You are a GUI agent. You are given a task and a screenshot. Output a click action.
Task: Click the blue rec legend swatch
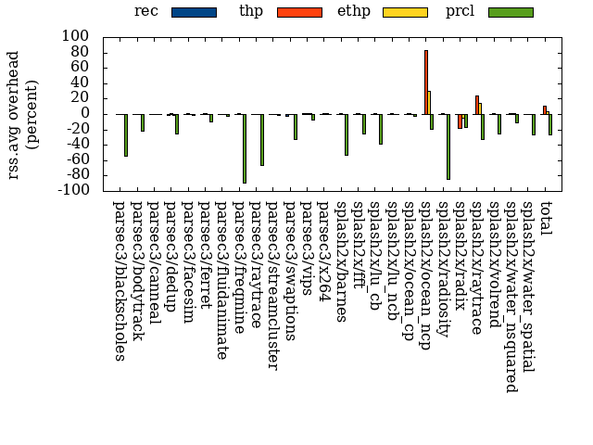coord(194,12)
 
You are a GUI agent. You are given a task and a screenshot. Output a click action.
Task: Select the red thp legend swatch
coord(299,12)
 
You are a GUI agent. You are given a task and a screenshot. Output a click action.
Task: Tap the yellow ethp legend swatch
coord(405,12)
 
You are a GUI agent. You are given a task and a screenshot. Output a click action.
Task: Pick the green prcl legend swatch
coord(511,12)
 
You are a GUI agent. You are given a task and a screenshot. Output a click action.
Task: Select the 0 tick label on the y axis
coord(89,113)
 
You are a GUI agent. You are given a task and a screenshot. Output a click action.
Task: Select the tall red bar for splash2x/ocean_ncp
coord(426,82)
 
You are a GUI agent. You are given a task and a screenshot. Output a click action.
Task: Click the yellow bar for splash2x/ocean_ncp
coord(429,102)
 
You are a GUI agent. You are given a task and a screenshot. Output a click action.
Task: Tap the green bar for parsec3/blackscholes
coord(126,134)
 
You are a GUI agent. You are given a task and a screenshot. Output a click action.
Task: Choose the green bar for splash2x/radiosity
coord(448,146)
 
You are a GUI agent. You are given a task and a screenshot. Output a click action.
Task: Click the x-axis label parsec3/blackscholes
coord(119,278)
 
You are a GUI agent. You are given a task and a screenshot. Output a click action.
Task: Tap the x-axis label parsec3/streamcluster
coord(272,284)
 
